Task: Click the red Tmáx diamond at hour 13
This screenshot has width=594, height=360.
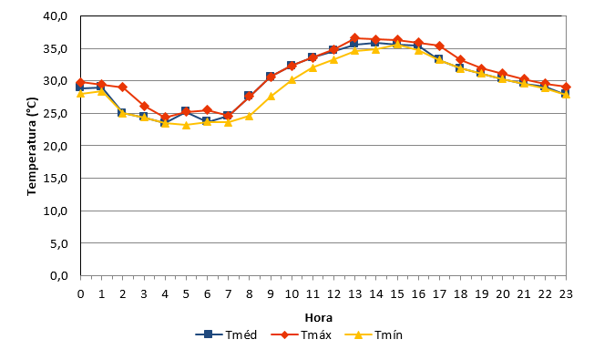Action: (354, 38)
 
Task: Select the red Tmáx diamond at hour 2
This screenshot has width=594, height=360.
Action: (122, 87)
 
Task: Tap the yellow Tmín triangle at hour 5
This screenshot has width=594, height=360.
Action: (186, 125)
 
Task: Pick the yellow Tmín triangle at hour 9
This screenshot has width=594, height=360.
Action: (271, 97)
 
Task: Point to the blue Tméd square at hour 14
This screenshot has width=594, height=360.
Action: (375, 43)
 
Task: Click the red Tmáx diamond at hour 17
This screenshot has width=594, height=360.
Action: (439, 46)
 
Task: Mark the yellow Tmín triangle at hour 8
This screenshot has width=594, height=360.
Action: (250, 116)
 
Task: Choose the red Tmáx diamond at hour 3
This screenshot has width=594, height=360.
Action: (144, 106)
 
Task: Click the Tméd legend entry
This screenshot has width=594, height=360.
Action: (226, 334)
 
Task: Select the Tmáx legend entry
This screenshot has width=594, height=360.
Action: (302, 334)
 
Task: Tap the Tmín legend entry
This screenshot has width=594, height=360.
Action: (374, 334)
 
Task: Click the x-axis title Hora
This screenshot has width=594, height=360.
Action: (319, 317)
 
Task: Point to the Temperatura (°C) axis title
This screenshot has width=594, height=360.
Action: (32, 146)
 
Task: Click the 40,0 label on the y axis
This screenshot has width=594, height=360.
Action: (56, 16)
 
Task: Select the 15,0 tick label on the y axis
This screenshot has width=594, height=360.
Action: (56, 178)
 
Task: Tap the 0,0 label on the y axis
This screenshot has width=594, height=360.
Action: (59, 275)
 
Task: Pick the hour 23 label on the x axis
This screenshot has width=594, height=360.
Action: (566, 294)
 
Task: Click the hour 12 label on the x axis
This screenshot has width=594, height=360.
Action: (333, 294)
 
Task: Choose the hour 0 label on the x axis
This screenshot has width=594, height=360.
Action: (80, 294)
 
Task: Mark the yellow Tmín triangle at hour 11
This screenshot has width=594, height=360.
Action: (312, 67)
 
